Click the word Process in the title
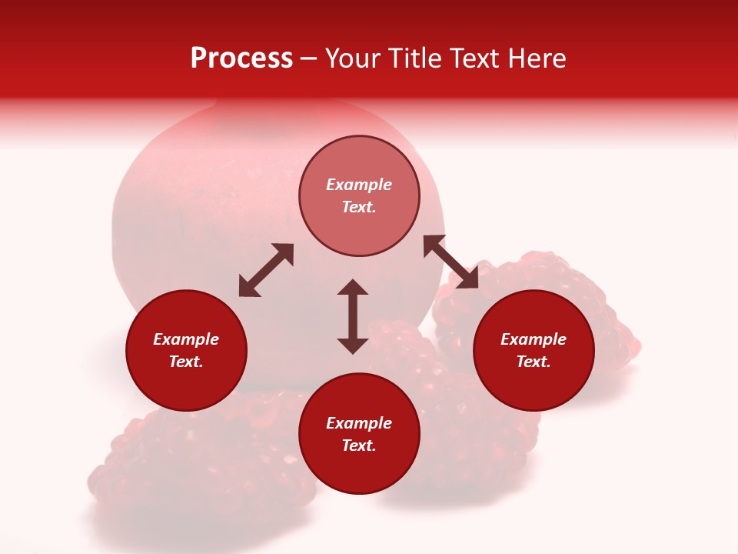click(241, 58)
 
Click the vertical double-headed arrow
click(353, 316)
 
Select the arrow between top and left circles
click(266, 270)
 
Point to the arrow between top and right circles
click(450, 262)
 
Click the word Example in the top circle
click(359, 185)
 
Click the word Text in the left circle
click(185, 362)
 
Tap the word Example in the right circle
click(534, 339)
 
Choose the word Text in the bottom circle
click(358, 446)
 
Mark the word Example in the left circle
click(186, 339)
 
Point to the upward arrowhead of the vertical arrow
click(353, 287)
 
